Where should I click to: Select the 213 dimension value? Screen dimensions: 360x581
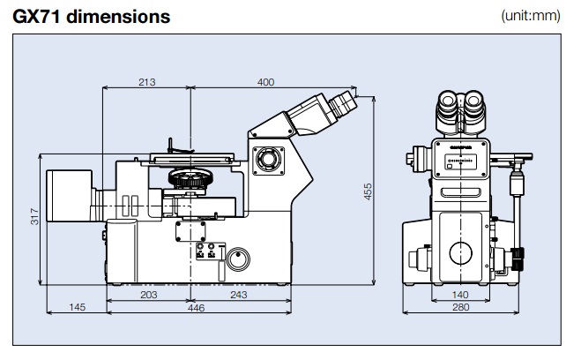tap(147, 82)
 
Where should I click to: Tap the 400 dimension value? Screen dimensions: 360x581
tap(266, 82)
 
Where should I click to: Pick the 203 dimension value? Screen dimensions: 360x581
tap(148, 294)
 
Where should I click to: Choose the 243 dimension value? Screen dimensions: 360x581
tap(238, 294)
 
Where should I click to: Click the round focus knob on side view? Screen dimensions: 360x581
tap(237, 259)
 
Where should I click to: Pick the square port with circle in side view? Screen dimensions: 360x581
tap(265, 161)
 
